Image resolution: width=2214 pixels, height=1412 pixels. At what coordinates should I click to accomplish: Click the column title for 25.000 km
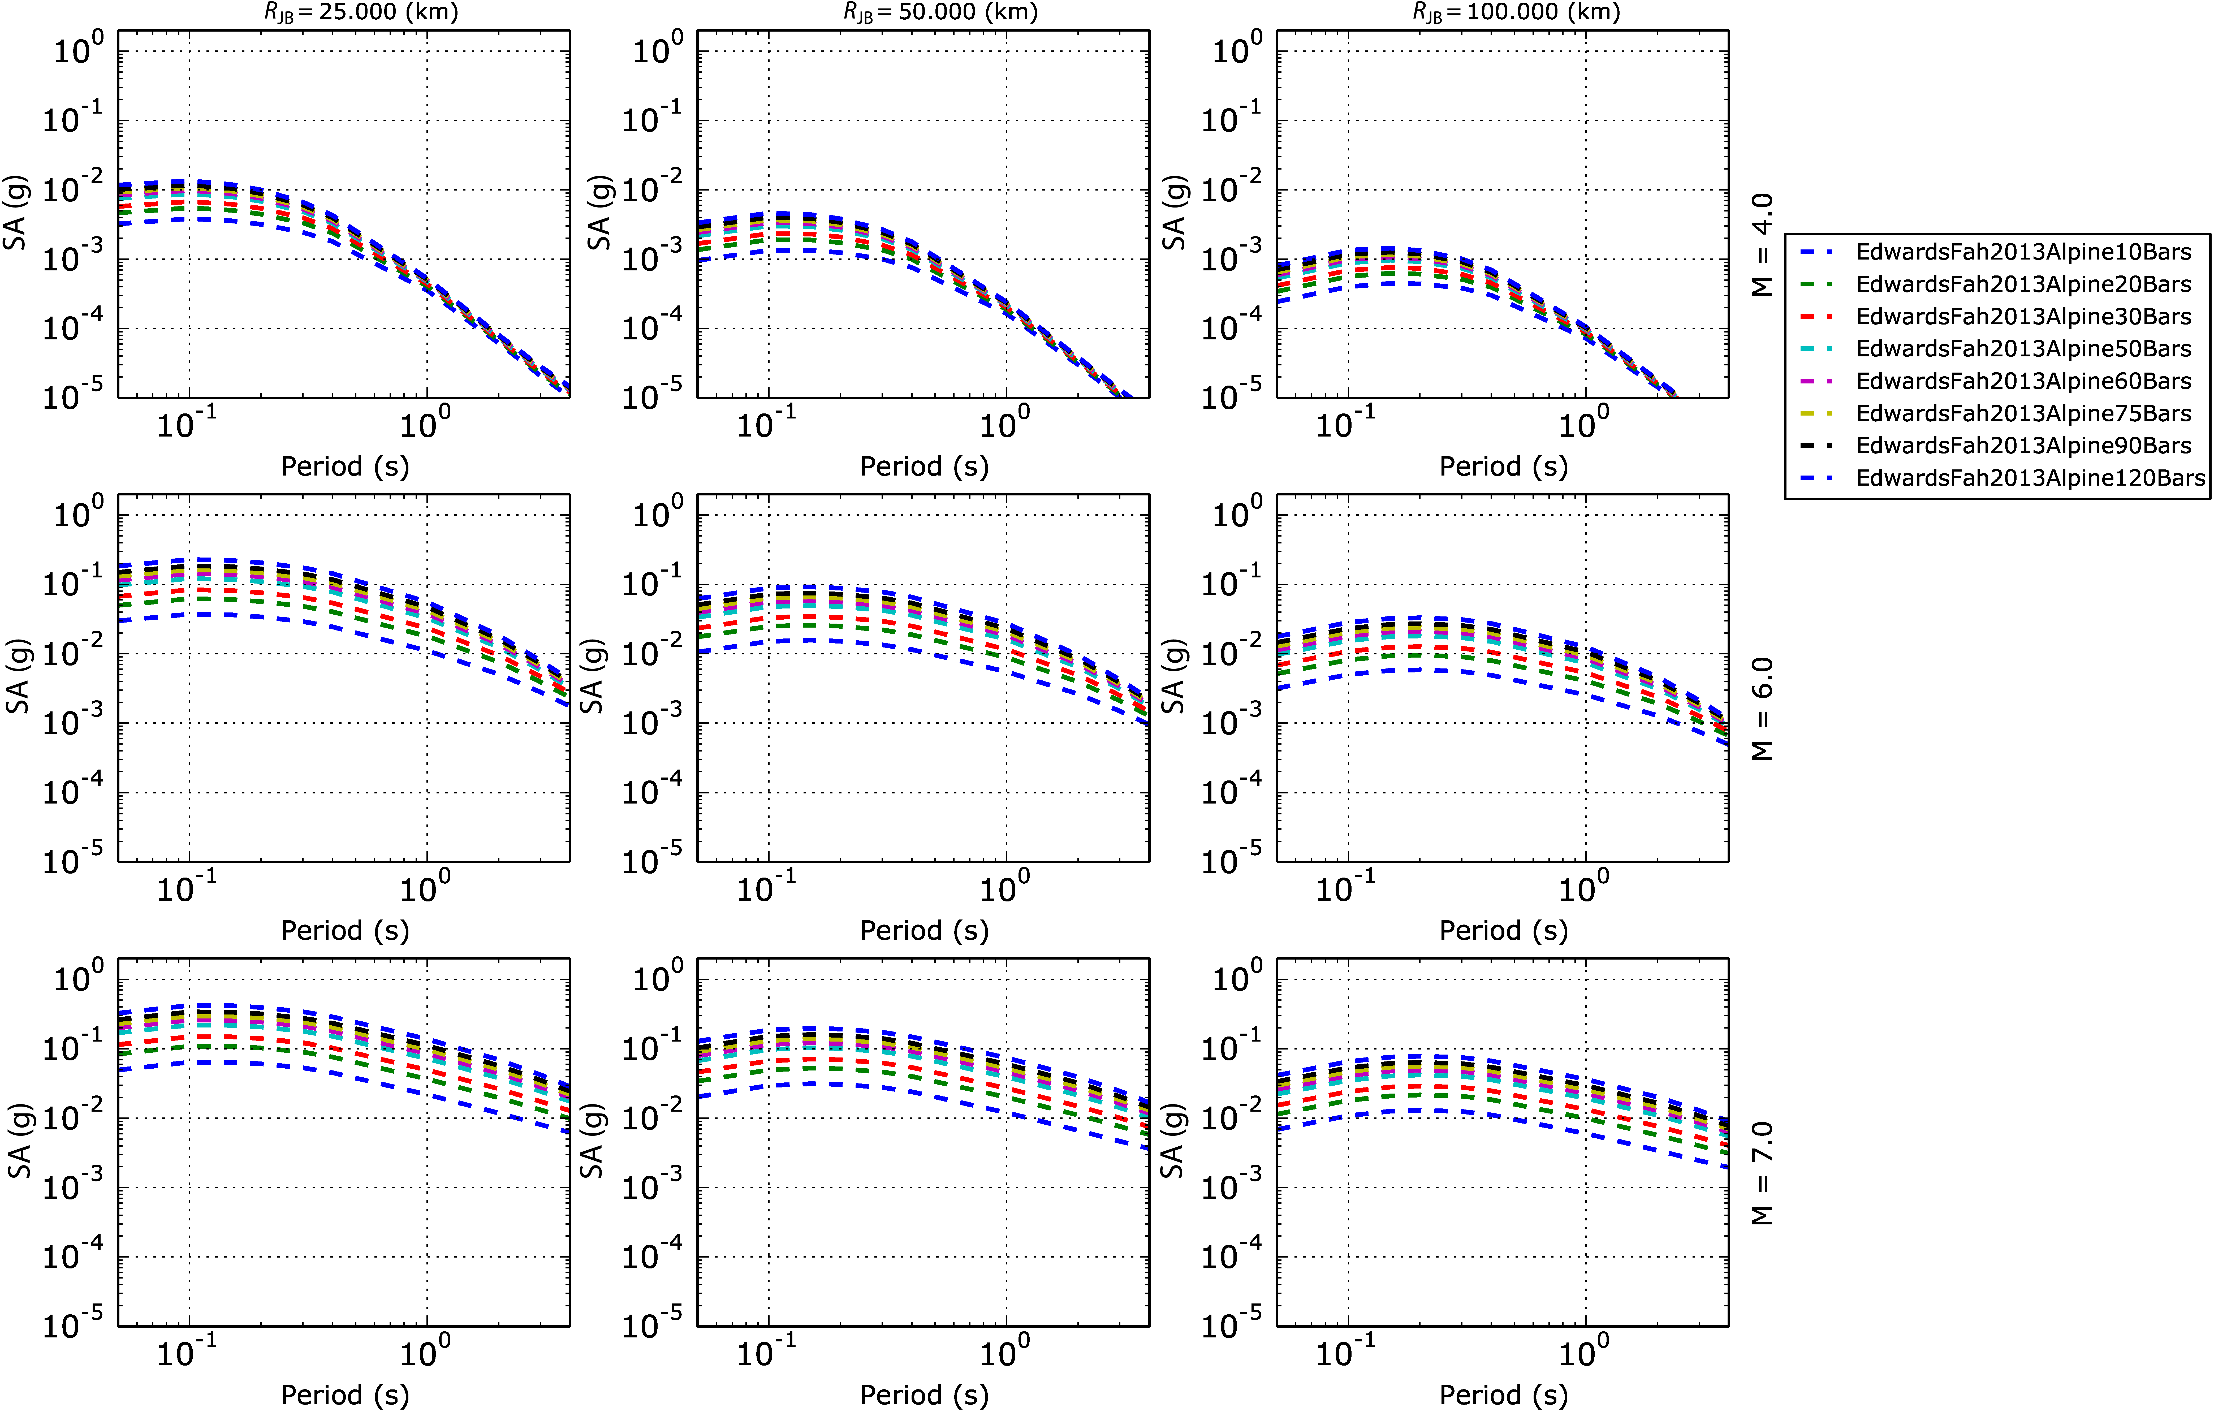coord(356,12)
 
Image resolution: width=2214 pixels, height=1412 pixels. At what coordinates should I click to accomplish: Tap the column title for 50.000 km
coord(940,12)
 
